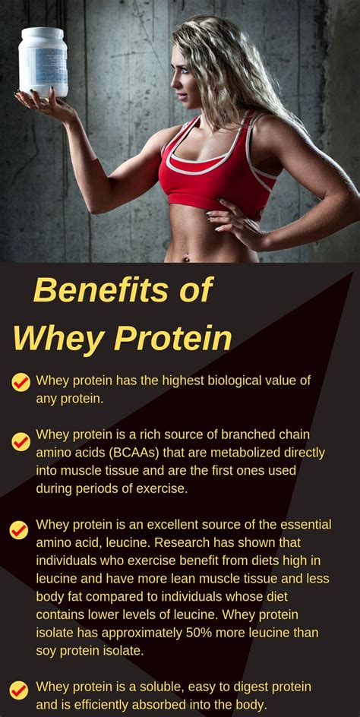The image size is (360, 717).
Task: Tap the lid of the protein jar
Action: [x=42, y=34]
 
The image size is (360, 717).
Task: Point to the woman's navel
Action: [x=186, y=259]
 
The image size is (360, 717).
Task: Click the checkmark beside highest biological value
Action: [x=21, y=382]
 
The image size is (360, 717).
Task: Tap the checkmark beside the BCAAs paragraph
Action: [x=21, y=441]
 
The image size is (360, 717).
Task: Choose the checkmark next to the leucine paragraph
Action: [x=19, y=530]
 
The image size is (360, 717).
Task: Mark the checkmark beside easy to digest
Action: [x=19, y=690]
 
